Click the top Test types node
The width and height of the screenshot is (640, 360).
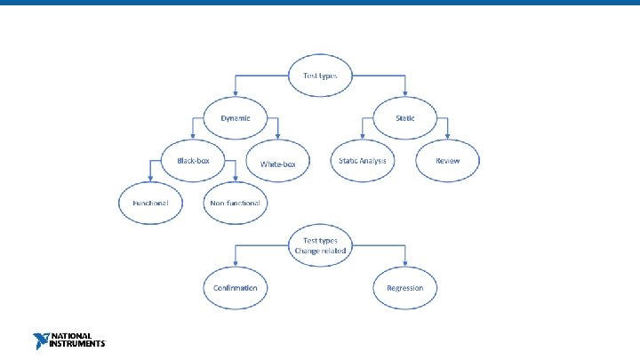pyautogui.click(x=320, y=76)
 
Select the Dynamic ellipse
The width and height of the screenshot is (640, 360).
pyautogui.click(x=236, y=118)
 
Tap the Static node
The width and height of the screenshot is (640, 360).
pyautogui.click(x=405, y=118)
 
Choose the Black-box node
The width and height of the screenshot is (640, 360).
pyautogui.click(x=193, y=161)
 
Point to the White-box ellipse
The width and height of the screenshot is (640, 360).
pyautogui.click(x=284, y=164)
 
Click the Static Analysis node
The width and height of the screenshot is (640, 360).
pyautogui.click(x=363, y=161)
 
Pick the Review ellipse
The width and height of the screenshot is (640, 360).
pyautogui.click(x=448, y=161)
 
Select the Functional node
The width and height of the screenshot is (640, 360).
pyautogui.click(x=150, y=203)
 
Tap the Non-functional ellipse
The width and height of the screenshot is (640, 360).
pyautogui.click(x=236, y=203)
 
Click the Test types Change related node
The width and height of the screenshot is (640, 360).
pyautogui.click(x=320, y=245)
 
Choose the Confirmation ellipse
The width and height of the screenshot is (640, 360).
pyautogui.click(x=236, y=288)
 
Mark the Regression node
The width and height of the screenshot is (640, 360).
pyautogui.click(x=405, y=288)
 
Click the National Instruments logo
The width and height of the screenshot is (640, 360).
pyautogui.click(x=68, y=340)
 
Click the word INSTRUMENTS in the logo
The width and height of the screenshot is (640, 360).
pyautogui.click(x=77, y=344)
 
